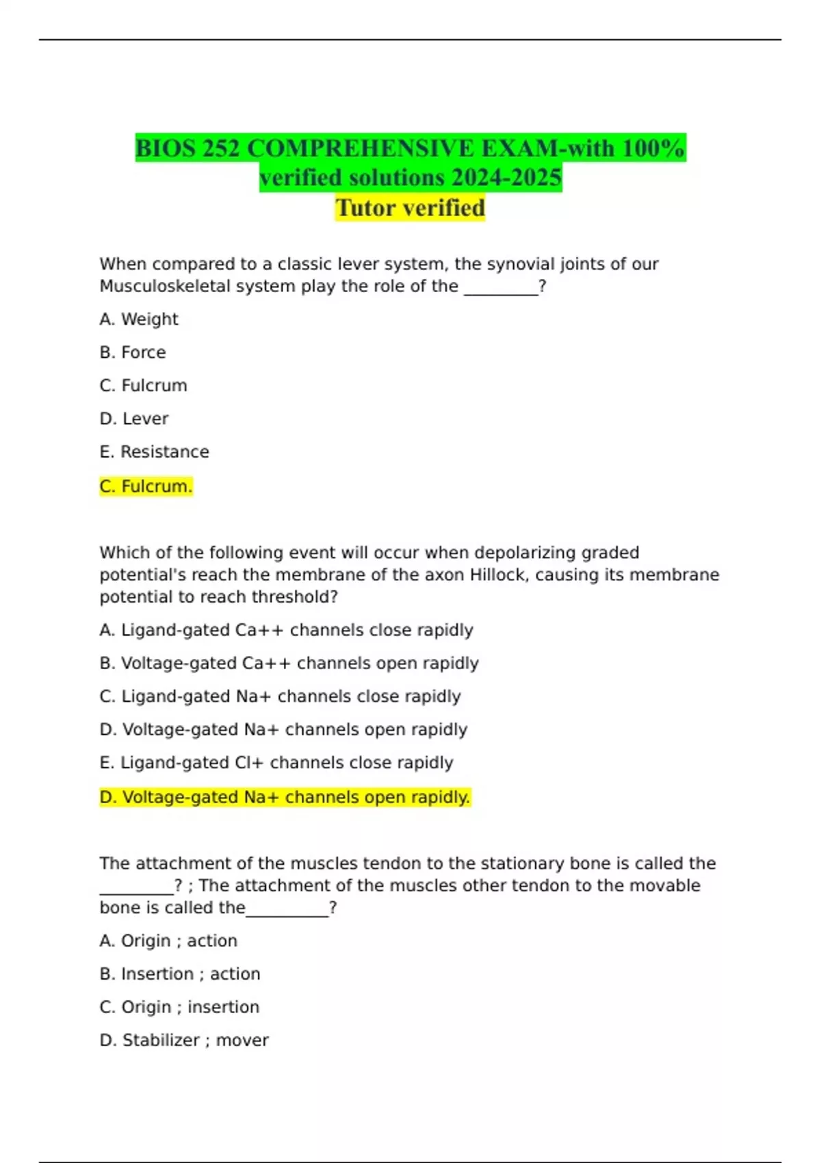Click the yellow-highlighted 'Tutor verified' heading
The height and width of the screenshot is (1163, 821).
pyautogui.click(x=410, y=208)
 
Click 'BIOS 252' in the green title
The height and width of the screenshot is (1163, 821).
pyautogui.click(x=187, y=148)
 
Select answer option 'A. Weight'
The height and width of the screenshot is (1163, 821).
pyautogui.click(x=139, y=319)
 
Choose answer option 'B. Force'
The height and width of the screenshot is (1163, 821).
pyautogui.click(x=133, y=352)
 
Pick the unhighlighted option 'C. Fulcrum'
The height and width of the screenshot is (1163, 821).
pyautogui.click(x=143, y=386)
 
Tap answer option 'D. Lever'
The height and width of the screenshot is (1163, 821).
pyautogui.click(x=134, y=419)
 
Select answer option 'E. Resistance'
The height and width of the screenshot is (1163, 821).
pyautogui.click(x=155, y=452)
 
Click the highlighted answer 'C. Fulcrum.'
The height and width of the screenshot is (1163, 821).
pyautogui.click(x=146, y=486)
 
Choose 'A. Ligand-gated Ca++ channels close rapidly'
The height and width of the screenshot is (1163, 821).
pyautogui.click(x=286, y=630)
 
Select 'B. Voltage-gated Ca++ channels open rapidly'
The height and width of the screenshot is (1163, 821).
pyautogui.click(x=289, y=664)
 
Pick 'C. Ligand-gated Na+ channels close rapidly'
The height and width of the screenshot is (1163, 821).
pyautogui.click(x=280, y=696)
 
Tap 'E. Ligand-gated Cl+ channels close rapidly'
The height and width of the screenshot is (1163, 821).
pyautogui.click(x=276, y=763)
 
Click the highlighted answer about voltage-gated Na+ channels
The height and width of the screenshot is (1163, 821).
pyautogui.click(x=285, y=798)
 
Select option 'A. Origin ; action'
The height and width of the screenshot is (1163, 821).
pyautogui.click(x=168, y=941)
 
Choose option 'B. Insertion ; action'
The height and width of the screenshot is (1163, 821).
pyautogui.click(x=180, y=974)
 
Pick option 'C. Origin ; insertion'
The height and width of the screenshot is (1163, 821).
pyautogui.click(x=179, y=1008)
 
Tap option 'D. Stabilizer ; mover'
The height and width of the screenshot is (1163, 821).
pyautogui.click(x=184, y=1041)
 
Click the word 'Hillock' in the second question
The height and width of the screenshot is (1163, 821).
pyautogui.click(x=499, y=575)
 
